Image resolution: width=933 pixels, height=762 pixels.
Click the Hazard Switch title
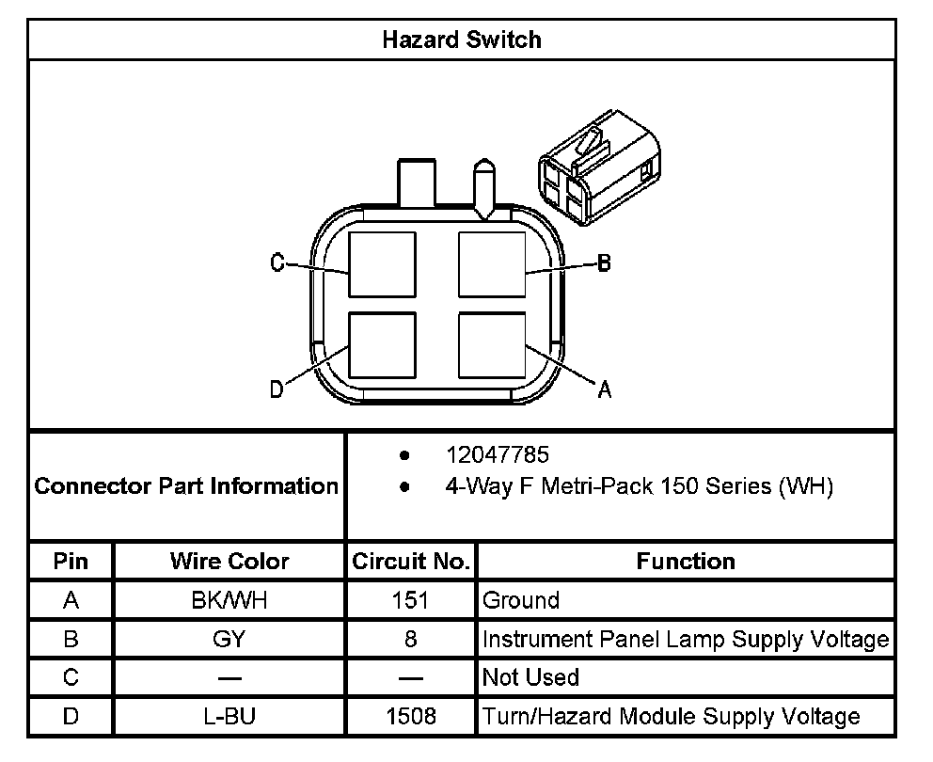(462, 40)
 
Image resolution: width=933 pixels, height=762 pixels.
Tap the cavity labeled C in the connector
(382, 264)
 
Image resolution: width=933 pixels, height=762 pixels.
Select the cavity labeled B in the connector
(491, 264)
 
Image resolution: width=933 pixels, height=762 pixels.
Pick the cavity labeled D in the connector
(382, 344)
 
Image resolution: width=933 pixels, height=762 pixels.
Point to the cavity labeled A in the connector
(491, 344)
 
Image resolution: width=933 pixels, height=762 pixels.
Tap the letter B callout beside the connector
(604, 263)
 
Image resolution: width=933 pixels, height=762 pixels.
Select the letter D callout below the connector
(277, 389)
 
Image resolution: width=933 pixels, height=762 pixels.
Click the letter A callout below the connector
(604, 389)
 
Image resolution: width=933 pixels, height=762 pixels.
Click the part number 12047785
(497, 455)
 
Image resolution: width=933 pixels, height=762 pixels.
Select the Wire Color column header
(229, 562)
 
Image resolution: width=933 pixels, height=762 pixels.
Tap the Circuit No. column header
(411, 562)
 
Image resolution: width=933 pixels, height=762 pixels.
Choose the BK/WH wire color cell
(229, 600)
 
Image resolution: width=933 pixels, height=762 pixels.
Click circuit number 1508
(411, 716)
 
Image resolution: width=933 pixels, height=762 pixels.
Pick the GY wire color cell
(229, 639)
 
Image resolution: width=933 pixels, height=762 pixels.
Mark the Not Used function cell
(530, 677)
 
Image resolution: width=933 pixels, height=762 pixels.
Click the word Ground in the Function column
(520, 600)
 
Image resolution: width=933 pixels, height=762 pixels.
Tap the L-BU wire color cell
(229, 716)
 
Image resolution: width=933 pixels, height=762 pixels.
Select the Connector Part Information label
(186, 486)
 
